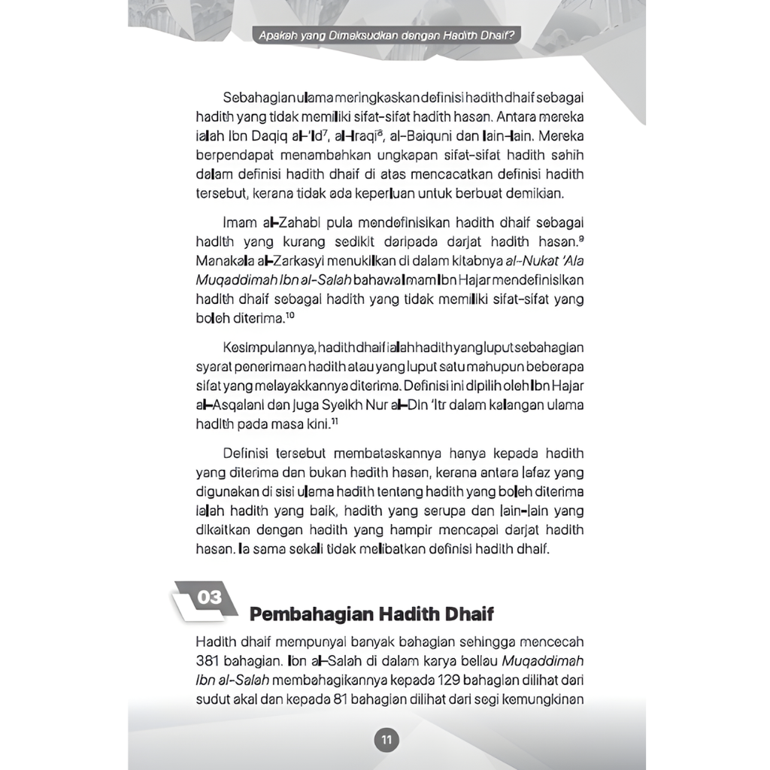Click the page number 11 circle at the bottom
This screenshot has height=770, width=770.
click(387, 740)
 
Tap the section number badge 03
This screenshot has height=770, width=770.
click(210, 598)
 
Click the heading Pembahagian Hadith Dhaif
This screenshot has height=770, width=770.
click(371, 614)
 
